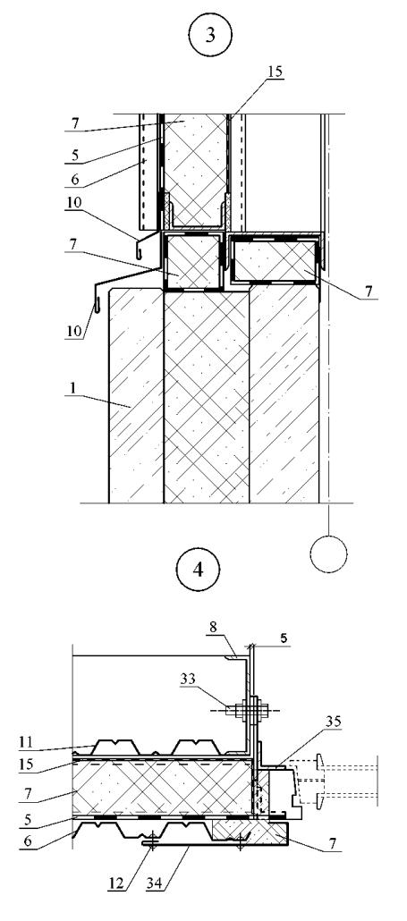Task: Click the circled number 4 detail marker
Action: [x=198, y=570]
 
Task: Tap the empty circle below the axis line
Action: [x=329, y=553]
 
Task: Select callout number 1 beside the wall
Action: [x=71, y=389]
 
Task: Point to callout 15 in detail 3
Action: [x=275, y=71]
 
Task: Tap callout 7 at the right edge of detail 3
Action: [x=366, y=291]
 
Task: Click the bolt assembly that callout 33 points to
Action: [x=252, y=710]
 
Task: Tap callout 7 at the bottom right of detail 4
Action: [x=333, y=843]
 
